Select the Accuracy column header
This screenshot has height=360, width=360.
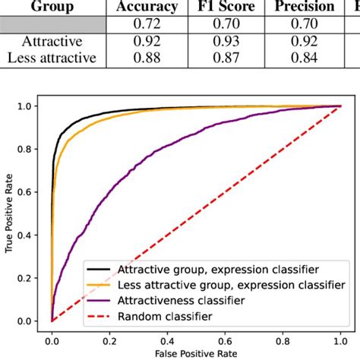(149, 7)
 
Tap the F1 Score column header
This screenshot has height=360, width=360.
(224, 7)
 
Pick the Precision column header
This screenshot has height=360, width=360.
(304, 7)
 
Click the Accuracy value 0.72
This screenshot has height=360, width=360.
(149, 25)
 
